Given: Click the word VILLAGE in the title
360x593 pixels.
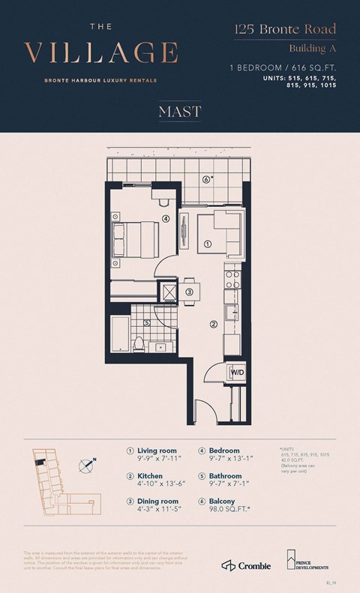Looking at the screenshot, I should [x=101, y=53].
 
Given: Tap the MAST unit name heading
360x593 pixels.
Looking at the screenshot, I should [x=180, y=112].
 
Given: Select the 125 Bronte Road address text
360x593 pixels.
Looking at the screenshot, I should [x=284, y=31].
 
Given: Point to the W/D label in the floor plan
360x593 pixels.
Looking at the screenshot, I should [x=236, y=373].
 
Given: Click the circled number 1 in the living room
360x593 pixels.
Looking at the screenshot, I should [x=208, y=244].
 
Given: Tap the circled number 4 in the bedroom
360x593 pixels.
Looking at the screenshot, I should [x=165, y=219].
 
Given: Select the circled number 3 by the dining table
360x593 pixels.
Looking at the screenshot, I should [x=189, y=292].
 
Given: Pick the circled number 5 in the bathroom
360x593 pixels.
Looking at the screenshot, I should [x=147, y=323].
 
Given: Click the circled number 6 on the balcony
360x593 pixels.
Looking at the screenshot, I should [x=205, y=179].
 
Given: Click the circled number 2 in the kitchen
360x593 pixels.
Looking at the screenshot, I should [x=213, y=325].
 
